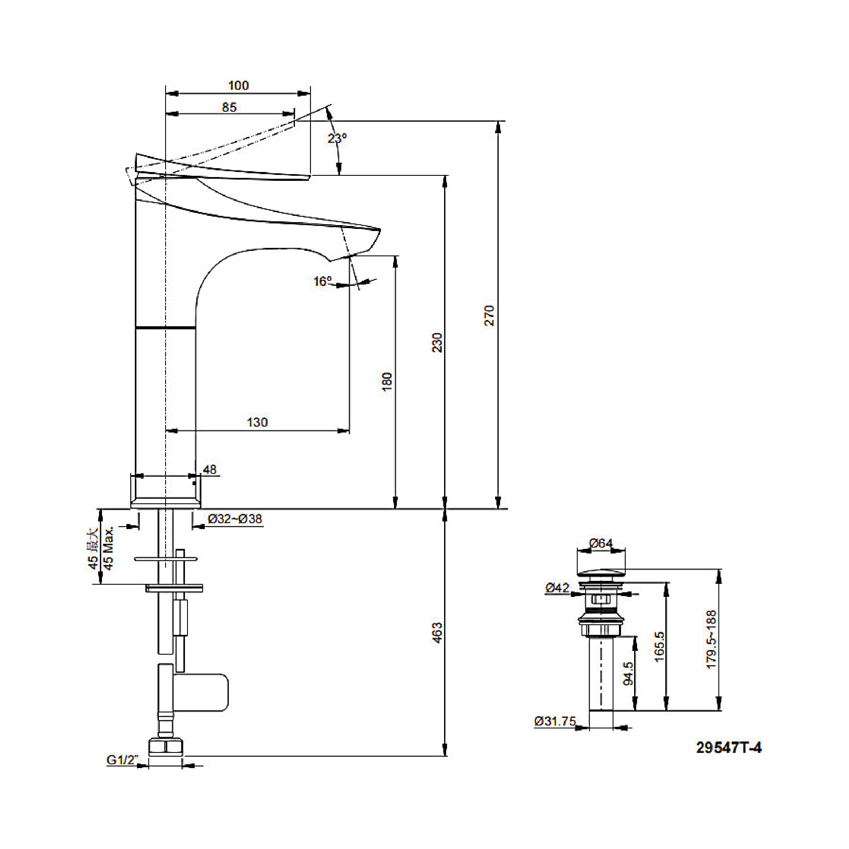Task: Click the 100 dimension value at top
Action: click(238, 85)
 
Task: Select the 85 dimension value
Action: click(229, 107)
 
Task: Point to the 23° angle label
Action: click(337, 139)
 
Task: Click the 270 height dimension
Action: click(489, 315)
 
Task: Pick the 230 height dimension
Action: click(437, 343)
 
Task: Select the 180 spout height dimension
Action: click(387, 382)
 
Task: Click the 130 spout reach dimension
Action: click(257, 422)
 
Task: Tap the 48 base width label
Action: click(209, 470)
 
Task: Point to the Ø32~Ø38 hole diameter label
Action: click(235, 519)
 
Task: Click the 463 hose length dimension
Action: click(437, 633)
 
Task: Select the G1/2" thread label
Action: click(122, 760)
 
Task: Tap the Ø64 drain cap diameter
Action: click(600, 543)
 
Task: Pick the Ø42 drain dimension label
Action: click(557, 587)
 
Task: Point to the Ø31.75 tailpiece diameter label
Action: click(554, 722)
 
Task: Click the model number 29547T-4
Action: click(729, 748)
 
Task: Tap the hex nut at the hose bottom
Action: click(165, 747)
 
